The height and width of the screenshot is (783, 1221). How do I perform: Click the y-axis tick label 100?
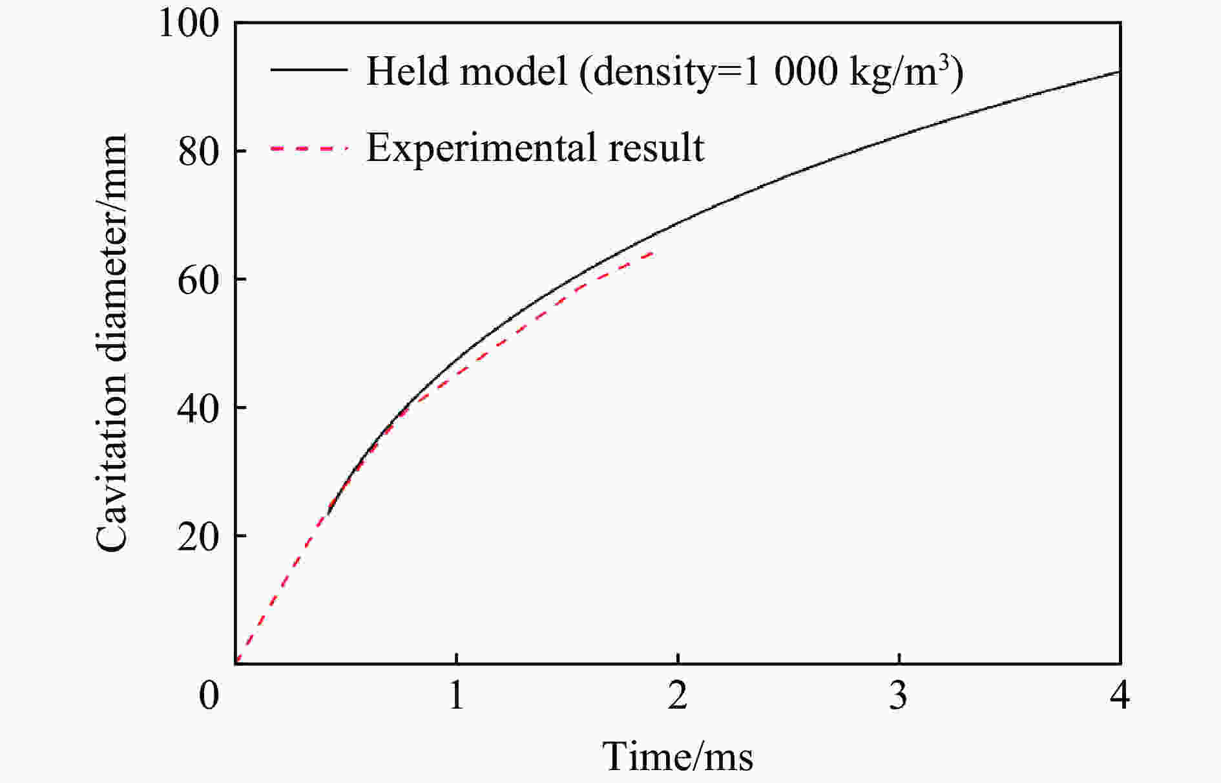[189, 25]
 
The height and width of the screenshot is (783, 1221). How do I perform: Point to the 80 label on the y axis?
[198, 151]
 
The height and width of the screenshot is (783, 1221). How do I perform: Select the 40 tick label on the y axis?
[198, 408]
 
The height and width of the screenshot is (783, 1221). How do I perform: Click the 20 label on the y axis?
[198, 536]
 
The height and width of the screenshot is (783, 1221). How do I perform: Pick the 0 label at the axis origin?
[209, 696]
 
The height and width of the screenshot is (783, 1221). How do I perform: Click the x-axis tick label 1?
[456, 696]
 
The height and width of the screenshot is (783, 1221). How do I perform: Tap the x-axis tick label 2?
[677, 696]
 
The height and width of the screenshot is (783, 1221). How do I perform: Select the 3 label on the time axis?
[899, 696]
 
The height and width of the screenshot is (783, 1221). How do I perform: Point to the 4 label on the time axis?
[1120, 696]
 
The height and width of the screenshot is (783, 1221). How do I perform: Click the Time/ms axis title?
[677, 756]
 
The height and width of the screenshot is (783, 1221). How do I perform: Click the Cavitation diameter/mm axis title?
[111, 343]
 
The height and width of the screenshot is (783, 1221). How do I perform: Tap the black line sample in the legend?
[309, 70]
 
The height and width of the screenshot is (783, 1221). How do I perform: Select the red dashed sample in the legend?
[309, 148]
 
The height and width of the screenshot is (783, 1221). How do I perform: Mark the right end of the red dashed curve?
[654, 253]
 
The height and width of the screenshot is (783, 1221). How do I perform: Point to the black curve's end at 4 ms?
[1119, 71]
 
